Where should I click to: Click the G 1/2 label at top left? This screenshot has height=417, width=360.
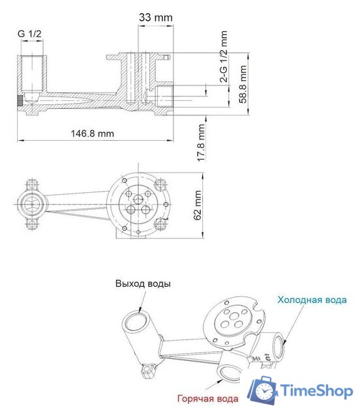click(30, 33)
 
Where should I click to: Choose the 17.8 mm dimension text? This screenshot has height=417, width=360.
click(202, 143)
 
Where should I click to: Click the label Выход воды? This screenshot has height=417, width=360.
click(143, 284)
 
